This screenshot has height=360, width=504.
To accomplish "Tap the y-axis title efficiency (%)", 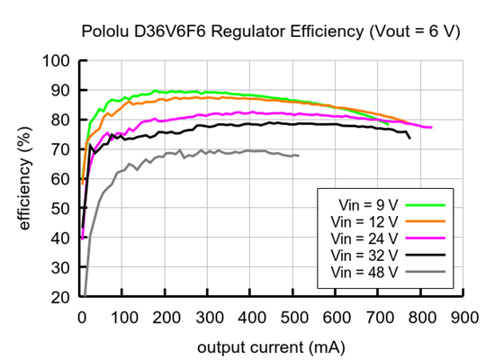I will (x=25, y=177).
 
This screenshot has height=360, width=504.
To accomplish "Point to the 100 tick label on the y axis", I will (x=58, y=61).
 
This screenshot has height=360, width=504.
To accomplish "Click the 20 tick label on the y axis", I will (x=62, y=297).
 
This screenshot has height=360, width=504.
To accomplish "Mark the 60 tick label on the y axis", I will (x=62, y=179).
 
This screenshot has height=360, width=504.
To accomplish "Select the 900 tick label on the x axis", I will (x=464, y=317).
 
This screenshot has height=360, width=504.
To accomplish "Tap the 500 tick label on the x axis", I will (x=294, y=317).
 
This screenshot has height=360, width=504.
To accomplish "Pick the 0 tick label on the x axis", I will (x=82, y=317).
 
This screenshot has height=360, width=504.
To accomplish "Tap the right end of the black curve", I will (x=409, y=138).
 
